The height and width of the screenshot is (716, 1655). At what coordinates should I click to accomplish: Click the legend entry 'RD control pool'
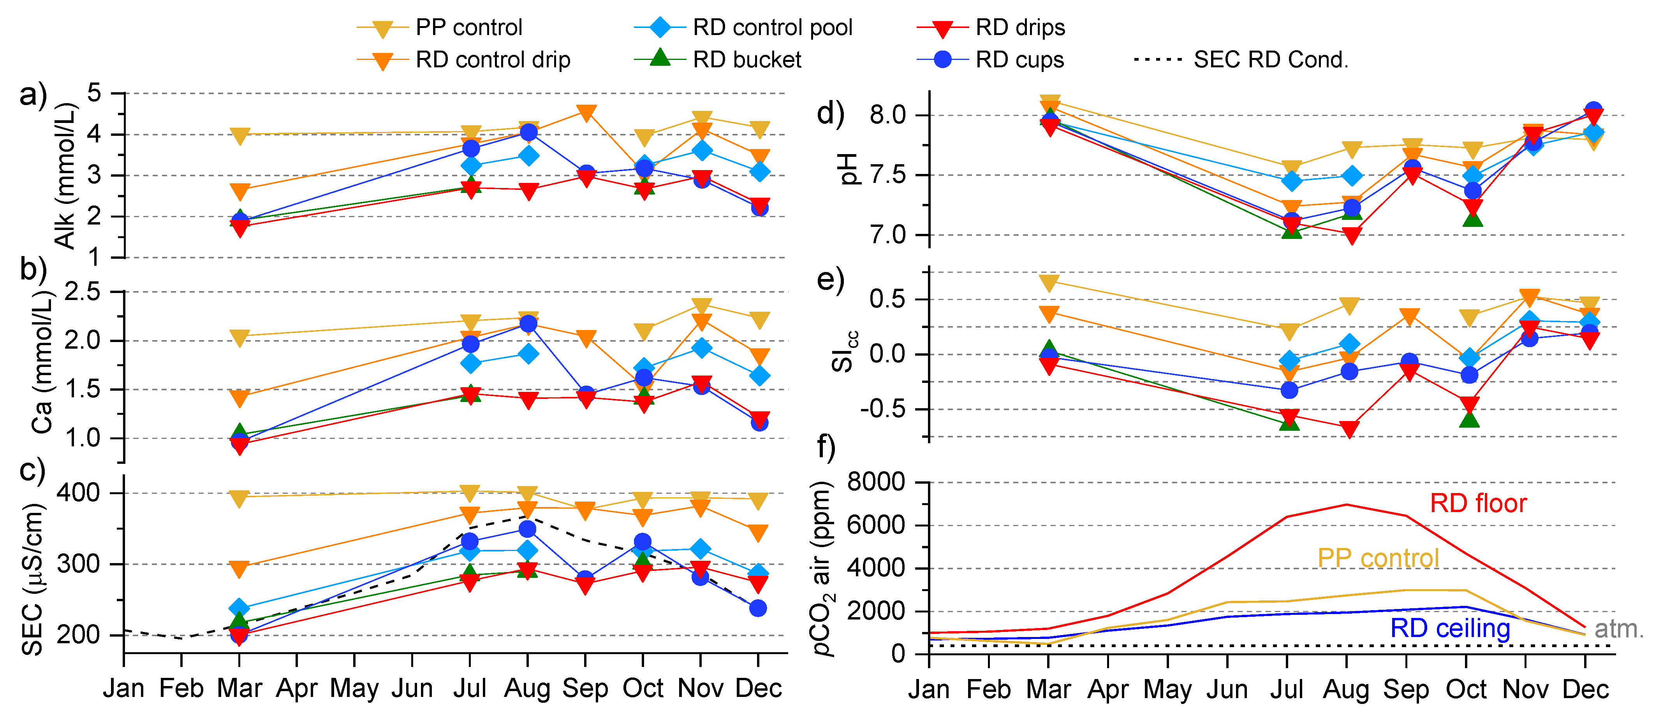772,28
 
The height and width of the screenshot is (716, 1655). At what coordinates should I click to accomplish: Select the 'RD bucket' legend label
747,60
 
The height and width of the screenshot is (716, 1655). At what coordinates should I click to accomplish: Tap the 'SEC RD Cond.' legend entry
1270,60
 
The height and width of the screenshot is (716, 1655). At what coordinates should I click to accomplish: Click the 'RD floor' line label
1478,504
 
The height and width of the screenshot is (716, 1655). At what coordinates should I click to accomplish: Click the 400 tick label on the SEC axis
78,493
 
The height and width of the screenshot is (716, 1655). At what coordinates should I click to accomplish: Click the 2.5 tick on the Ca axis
83,292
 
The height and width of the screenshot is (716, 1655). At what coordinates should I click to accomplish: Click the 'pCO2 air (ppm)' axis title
823,568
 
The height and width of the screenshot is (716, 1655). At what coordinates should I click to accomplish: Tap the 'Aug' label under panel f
1346,690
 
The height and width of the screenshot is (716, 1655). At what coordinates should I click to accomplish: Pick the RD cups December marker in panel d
1593,111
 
